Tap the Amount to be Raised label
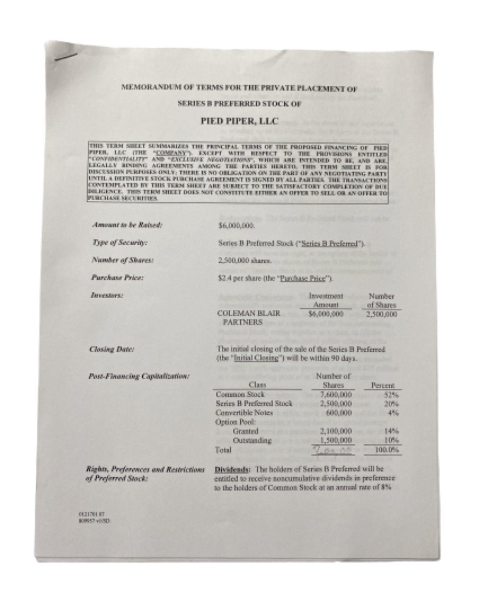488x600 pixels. tap(127, 225)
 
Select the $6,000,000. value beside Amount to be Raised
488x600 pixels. tap(236, 225)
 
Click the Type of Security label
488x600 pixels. tap(119, 243)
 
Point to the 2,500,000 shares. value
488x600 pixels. tap(245, 261)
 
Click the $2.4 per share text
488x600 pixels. tap(240, 278)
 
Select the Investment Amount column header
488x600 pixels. tap(326, 300)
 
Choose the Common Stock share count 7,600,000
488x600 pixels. tap(336, 395)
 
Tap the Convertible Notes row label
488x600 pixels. tap(244, 413)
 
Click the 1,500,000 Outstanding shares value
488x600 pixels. tap(336, 440)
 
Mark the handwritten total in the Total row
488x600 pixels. tap(334, 450)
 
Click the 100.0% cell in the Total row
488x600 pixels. tap(386, 450)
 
